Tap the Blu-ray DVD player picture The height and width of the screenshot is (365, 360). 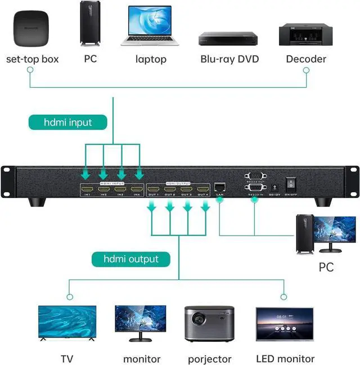pyautogui.click(x=228, y=38)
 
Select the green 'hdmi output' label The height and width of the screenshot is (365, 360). pyautogui.click(x=131, y=259)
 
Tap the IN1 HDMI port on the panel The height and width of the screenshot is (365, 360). pyautogui.click(x=88, y=188)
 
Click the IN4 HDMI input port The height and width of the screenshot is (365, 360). pyautogui.click(x=135, y=188)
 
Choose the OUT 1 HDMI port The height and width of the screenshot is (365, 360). pyautogui.click(x=154, y=188)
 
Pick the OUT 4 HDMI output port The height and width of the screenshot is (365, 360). pyautogui.click(x=203, y=188)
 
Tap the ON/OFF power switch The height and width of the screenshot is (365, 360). pyautogui.click(x=291, y=184)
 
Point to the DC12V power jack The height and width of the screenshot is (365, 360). pyautogui.click(x=274, y=186)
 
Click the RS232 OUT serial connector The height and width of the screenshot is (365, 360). pyautogui.click(x=254, y=175)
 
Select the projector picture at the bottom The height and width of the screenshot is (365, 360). pyautogui.click(x=209, y=325)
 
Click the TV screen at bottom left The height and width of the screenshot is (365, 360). pyautogui.click(x=66, y=323)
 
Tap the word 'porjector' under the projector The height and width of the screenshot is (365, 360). pyautogui.click(x=209, y=359)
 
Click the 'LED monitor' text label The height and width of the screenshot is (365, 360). pyautogui.click(x=285, y=359)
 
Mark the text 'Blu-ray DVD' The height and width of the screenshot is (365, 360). pyautogui.click(x=229, y=58)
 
